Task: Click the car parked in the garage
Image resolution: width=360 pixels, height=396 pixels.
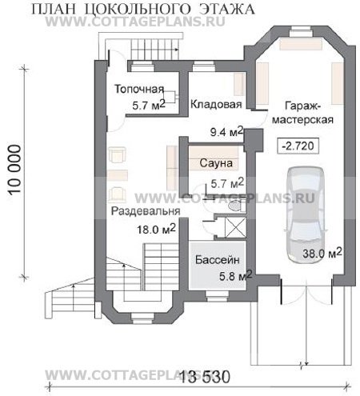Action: [x=306, y=215]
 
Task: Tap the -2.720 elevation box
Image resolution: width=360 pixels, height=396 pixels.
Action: [x=298, y=146]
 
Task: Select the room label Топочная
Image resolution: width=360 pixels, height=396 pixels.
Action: [x=139, y=89]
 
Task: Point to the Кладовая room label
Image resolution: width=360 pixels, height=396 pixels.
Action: [x=216, y=104]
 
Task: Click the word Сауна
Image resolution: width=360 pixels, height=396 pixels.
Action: [x=216, y=163]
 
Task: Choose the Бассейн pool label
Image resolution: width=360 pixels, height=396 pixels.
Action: [x=218, y=260]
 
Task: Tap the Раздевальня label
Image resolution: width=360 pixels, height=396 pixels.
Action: [x=146, y=211]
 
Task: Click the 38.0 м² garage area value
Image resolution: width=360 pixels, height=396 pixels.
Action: [x=322, y=253]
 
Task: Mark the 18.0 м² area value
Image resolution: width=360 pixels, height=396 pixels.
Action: [x=156, y=229]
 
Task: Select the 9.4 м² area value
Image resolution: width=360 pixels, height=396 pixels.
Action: [x=226, y=132]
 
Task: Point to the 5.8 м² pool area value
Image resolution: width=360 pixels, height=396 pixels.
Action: [x=236, y=276]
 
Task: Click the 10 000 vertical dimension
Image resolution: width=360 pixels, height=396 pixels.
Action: [x=15, y=170]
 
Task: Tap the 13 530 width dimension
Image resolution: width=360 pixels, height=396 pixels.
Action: [x=205, y=377]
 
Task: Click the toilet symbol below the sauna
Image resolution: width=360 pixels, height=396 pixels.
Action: [x=235, y=206]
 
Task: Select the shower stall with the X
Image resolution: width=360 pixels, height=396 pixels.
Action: [x=235, y=227]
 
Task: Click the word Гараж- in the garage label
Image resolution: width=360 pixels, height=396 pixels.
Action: [x=303, y=106]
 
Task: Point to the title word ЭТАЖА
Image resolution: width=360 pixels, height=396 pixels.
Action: [x=227, y=9]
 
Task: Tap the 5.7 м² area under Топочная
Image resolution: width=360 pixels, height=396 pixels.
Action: [x=149, y=105]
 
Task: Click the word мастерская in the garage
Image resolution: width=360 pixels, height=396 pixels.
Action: [x=302, y=120]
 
